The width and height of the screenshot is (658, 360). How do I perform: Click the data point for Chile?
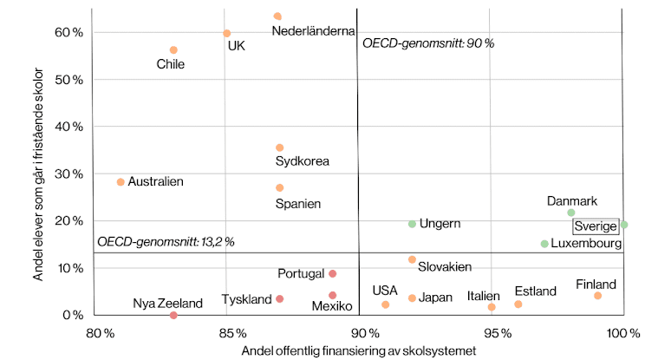pos(173,50)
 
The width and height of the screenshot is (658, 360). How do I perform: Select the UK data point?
pos(226,33)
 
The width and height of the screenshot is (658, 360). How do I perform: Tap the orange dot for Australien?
pos(121,182)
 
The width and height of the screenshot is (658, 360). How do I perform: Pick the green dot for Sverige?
pos(624,225)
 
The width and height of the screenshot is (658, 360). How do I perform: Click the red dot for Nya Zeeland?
pos(173,315)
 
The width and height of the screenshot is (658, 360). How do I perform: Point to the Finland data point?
pos(597,296)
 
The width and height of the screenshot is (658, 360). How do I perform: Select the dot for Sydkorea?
pos(279,147)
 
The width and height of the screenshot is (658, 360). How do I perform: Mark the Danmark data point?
pos(571,213)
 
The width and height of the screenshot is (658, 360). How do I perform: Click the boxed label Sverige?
pos(596,226)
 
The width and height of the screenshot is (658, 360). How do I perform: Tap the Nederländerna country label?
pos(314,31)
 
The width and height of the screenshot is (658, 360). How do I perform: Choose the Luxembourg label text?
pos(586,244)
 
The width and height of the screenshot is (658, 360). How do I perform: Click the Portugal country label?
pos(301,274)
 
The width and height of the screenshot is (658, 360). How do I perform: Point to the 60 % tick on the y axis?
pos(68,32)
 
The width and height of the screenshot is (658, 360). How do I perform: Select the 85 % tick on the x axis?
pos(233,333)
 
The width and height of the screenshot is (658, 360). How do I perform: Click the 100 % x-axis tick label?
pos(623,333)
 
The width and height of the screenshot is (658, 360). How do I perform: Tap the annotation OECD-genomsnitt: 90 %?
pos(428,43)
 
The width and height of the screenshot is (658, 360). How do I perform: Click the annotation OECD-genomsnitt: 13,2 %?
pos(166,242)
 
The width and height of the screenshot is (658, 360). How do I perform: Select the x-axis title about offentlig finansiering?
pos(359,350)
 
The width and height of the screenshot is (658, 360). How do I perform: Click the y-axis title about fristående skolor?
pos(38,174)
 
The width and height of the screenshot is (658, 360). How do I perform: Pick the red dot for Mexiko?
pos(332,295)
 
